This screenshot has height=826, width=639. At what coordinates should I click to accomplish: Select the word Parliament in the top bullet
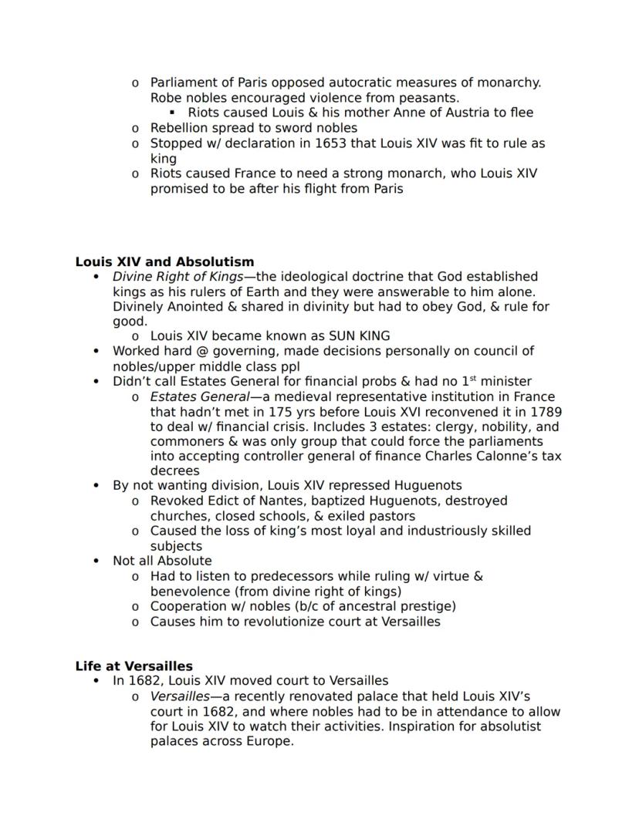point(183,83)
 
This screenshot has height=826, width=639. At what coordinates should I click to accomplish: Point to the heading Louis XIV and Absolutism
point(164,261)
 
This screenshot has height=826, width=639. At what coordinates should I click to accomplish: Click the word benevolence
point(187,592)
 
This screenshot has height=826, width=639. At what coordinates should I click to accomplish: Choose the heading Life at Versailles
point(134,666)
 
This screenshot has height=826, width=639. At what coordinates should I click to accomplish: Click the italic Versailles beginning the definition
point(180,696)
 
